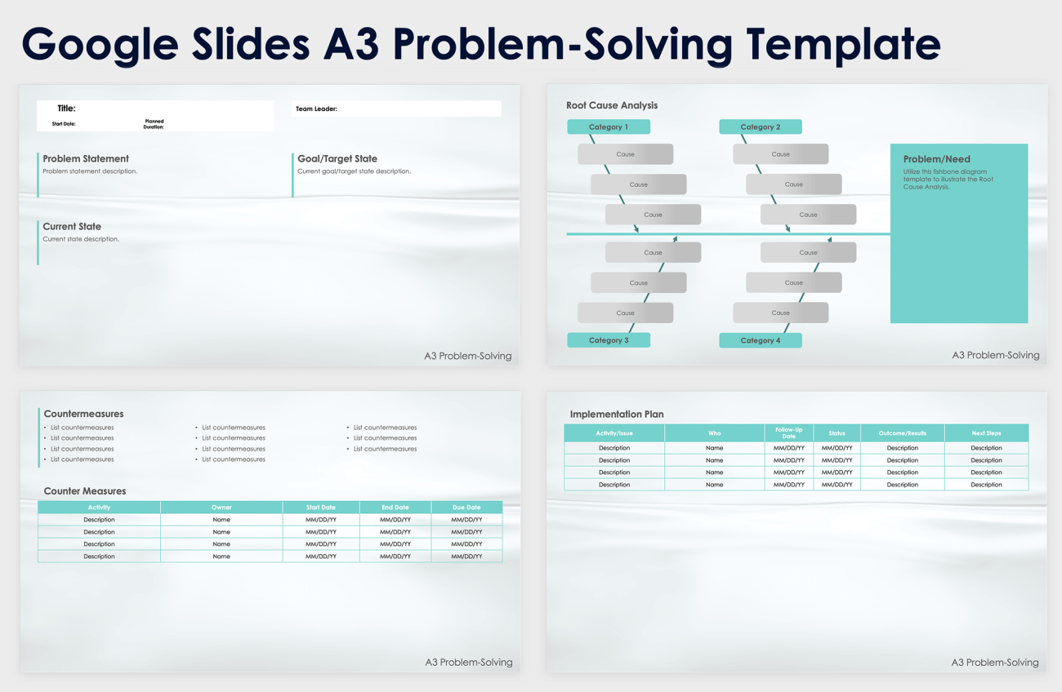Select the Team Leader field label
316,109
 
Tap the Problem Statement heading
86,159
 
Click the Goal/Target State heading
337,159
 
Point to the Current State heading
72,227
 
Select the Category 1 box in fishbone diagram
609,127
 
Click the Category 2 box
760,127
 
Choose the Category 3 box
609,340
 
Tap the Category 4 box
760,340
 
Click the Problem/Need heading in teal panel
936,159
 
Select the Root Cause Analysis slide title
612,105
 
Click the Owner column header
221,508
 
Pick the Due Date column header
466,508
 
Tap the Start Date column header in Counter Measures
321,508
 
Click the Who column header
714,433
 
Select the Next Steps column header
986,433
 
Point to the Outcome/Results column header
902,433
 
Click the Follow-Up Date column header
788,432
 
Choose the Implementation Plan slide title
617,415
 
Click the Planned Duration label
154,124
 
